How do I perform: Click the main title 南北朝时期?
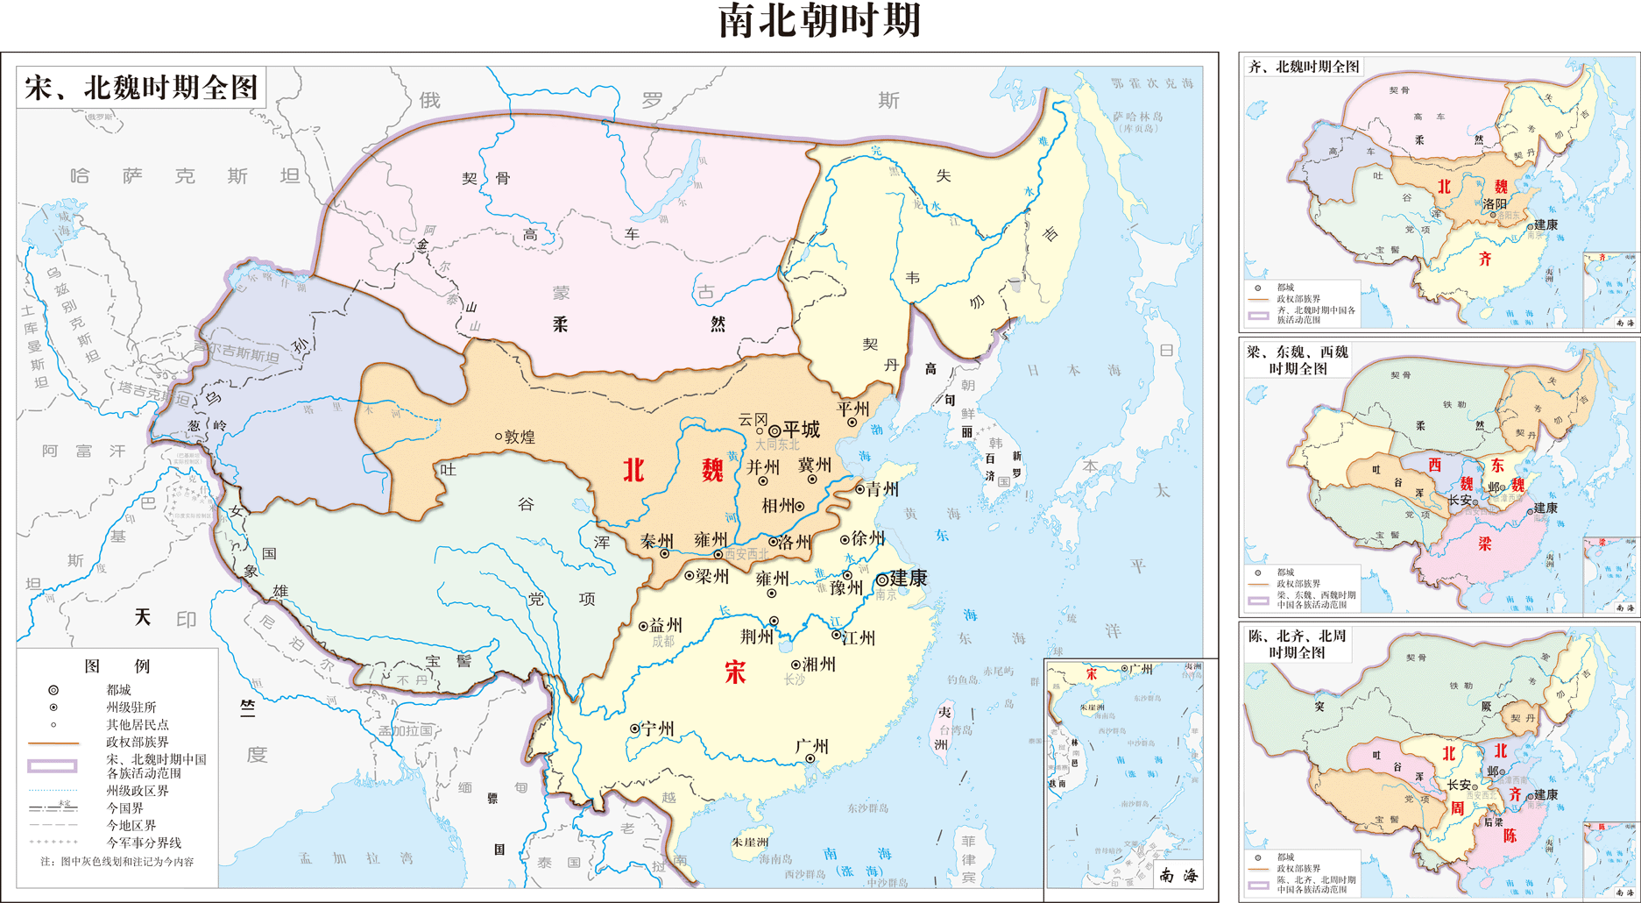(x=819, y=21)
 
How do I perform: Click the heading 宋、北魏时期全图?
(x=141, y=88)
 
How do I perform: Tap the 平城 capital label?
(x=802, y=430)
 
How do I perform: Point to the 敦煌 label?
(x=520, y=437)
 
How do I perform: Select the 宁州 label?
(x=657, y=729)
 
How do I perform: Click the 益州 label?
(x=666, y=625)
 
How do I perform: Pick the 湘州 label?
(x=818, y=665)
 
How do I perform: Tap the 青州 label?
(x=882, y=489)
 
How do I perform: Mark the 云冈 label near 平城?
(x=753, y=420)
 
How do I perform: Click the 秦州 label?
(x=657, y=541)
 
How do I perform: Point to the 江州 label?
(x=858, y=637)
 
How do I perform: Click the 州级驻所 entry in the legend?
(x=131, y=707)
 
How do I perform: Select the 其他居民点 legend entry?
(x=138, y=725)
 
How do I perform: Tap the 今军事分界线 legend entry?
(x=144, y=843)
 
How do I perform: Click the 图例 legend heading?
(x=117, y=666)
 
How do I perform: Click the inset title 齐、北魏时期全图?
(x=1304, y=67)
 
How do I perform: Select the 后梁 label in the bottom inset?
(x=1493, y=821)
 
